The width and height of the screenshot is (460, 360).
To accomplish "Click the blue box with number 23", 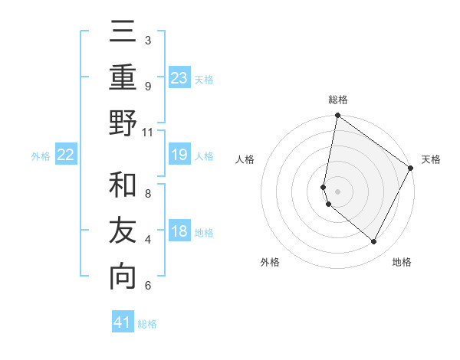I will click(179, 77).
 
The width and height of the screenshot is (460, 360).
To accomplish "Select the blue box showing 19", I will click(179, 155).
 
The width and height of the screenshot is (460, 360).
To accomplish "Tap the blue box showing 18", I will click(179, 231).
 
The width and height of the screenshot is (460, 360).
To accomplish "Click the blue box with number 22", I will click(66, 155).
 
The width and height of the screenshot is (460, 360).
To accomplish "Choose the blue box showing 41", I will click(123, 322).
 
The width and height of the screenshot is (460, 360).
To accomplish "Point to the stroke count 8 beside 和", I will click(148, 193).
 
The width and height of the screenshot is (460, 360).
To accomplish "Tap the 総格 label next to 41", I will click(148, 324).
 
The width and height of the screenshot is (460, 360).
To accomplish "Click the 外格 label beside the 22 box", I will click(41, 156).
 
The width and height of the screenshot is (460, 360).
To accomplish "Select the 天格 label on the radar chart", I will click(432, 159).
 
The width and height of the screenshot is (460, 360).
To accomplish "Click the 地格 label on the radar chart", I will click(402, 262).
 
